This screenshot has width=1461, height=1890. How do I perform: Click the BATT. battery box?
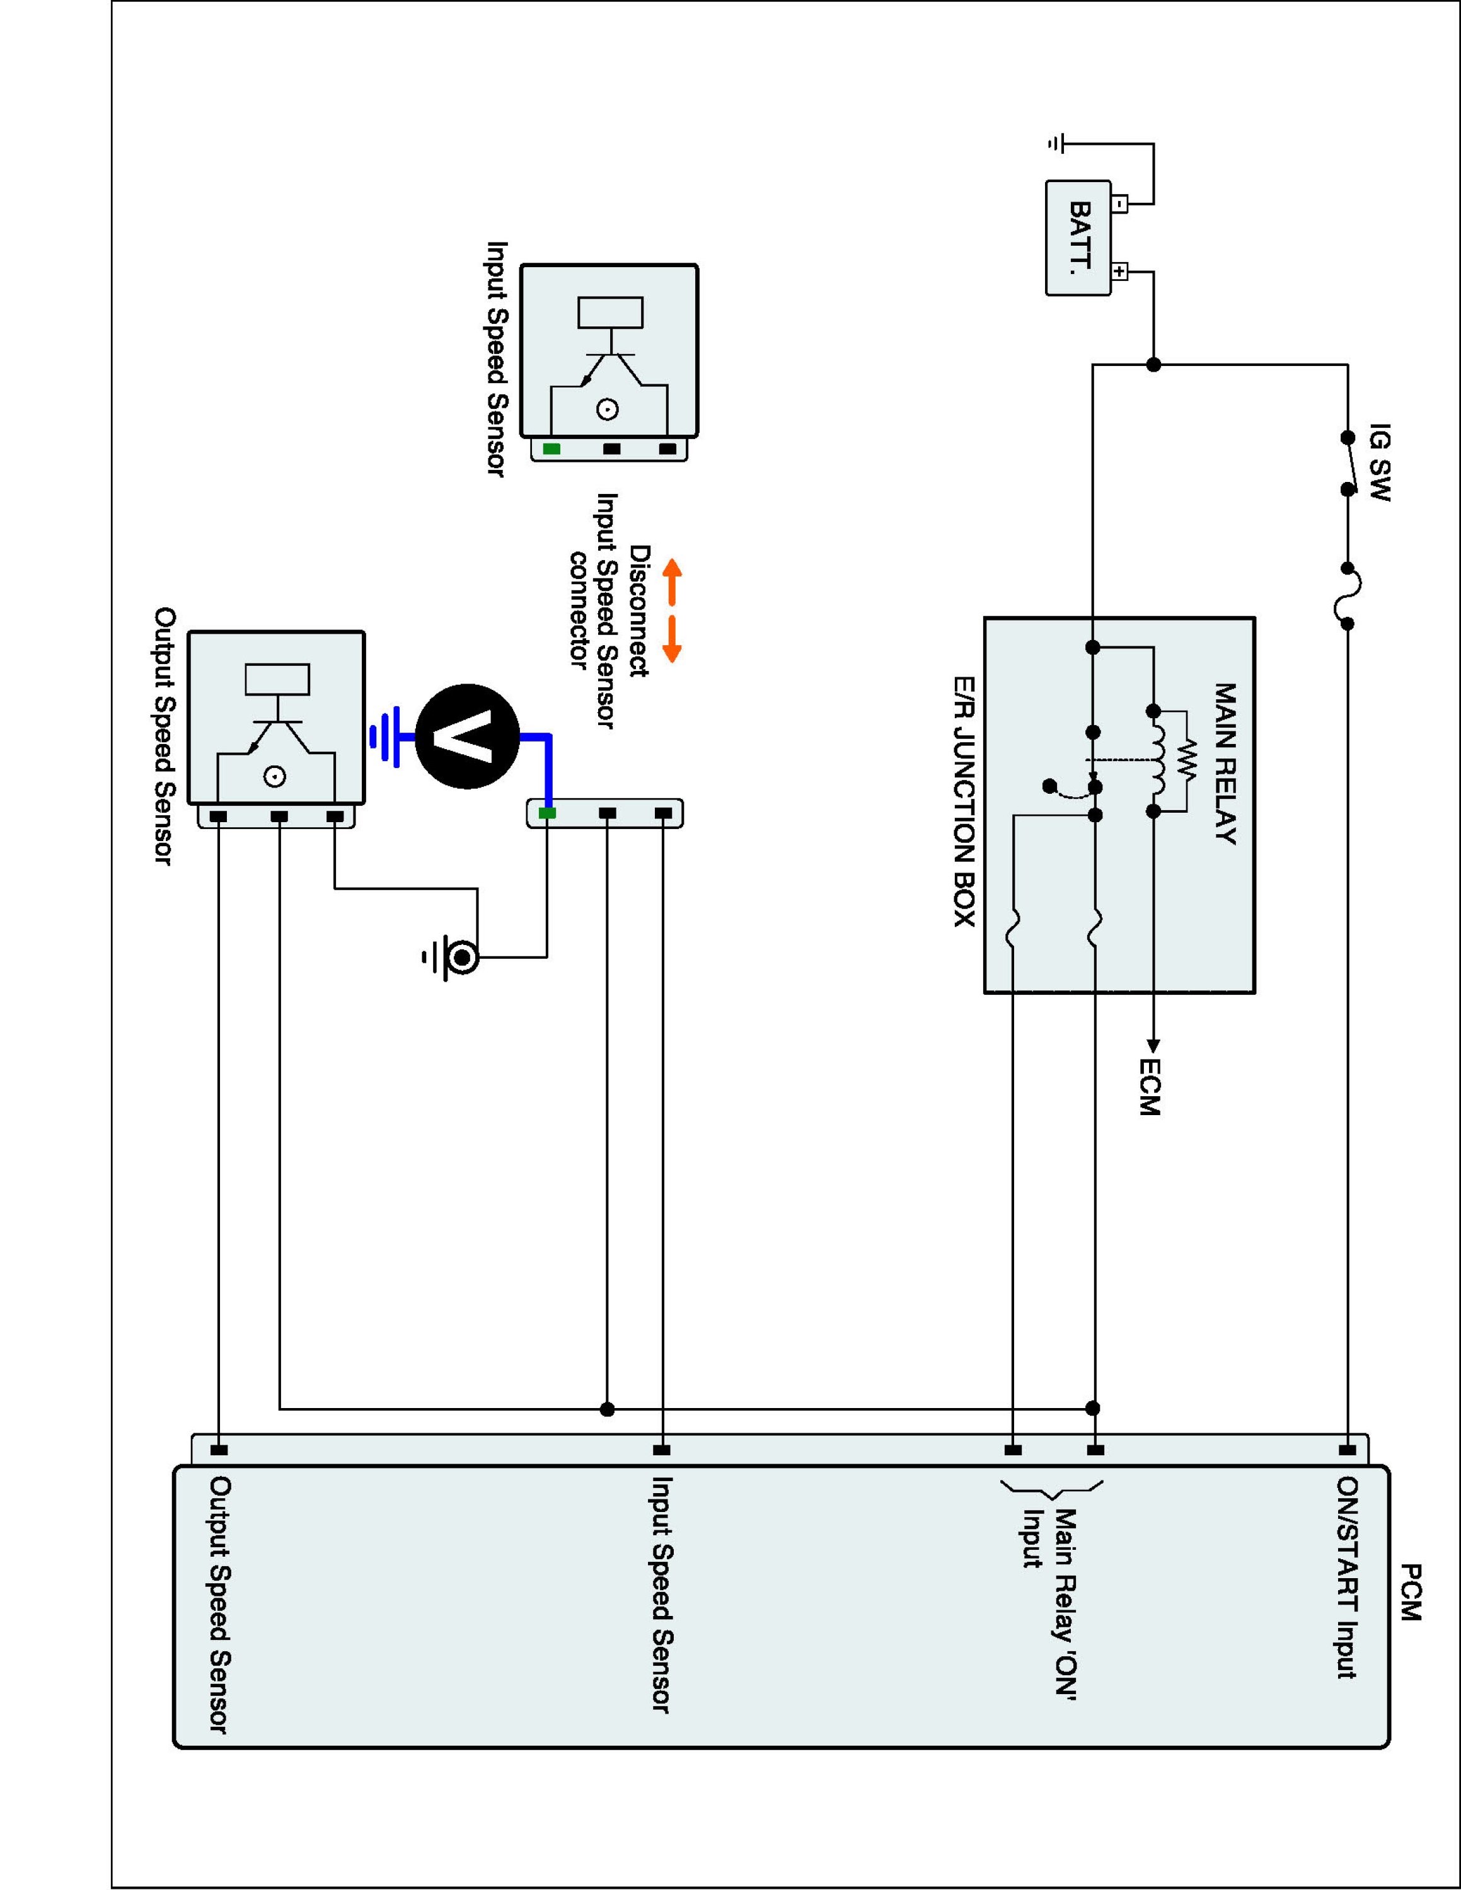click(1078, 238)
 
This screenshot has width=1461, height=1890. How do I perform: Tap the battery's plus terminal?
click(1120, 272)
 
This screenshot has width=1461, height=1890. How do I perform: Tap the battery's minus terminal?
click(1120, 204)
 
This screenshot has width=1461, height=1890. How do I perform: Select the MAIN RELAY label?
click(1225, 764)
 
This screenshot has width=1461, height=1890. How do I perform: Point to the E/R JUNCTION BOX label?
click(964, 801)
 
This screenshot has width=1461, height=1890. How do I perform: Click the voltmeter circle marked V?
click(468, 736)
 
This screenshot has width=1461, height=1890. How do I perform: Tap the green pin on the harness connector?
click(547, 813)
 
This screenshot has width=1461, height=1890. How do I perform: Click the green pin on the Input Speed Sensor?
click(551, 449)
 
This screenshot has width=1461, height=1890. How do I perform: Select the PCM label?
click(1411, 1592)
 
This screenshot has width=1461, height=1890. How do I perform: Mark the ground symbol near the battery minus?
click(1056, 144)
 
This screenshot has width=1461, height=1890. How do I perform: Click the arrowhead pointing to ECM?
click(1153, 1045)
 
